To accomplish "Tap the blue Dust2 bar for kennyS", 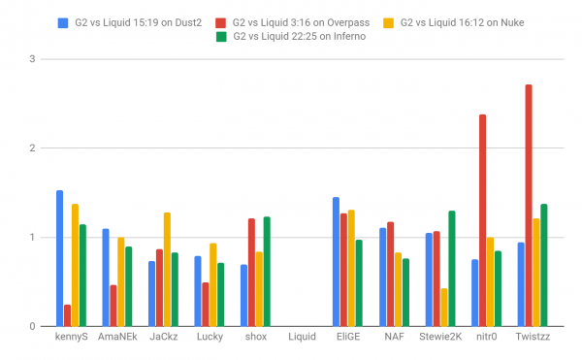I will click(60, 258).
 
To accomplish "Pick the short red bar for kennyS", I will click(68, 315).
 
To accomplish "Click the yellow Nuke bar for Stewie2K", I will click(444, 307).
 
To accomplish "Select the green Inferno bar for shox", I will click(267, 272).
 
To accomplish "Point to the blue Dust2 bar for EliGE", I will click(336, 262).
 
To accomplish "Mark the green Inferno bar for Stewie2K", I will click(452, 268).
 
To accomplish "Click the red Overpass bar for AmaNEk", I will click(113, 306).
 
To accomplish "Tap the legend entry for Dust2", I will click(126, 19).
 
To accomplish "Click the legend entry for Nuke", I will click(475, 19).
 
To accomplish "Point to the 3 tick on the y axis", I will click(32, 59).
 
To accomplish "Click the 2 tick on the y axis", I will click(32, 148).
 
